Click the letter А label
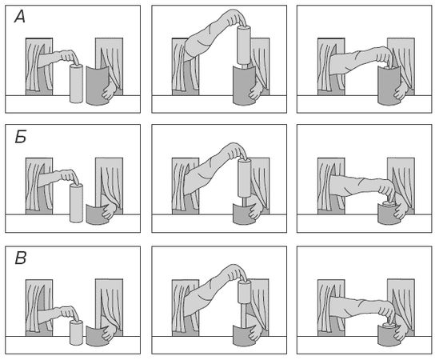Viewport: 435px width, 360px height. pos(20,18)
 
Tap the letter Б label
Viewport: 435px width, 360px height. pos(21,137)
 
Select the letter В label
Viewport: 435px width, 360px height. pos(21,258)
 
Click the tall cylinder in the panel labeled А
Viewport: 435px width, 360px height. pos(76,83)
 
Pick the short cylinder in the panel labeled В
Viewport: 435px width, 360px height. pos(76,333)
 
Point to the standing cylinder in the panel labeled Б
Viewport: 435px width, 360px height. pos(76,203)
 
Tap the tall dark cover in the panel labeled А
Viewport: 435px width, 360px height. pos(98,86)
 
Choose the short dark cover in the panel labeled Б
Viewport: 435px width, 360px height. pos(97,214)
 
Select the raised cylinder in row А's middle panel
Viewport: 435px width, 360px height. pos(244,46)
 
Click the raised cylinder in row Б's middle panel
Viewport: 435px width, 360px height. pos(245,178)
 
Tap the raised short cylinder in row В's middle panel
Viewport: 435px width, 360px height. pos(245,292)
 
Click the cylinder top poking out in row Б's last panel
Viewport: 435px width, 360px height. pos(389,204)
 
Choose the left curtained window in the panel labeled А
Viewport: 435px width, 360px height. pos(39,66)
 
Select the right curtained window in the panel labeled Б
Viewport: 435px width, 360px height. pos(109,186)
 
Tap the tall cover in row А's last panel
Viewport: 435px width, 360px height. pos(389,86)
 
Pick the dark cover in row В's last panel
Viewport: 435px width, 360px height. pos(389,336)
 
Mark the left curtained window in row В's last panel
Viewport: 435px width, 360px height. pos(331,308)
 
